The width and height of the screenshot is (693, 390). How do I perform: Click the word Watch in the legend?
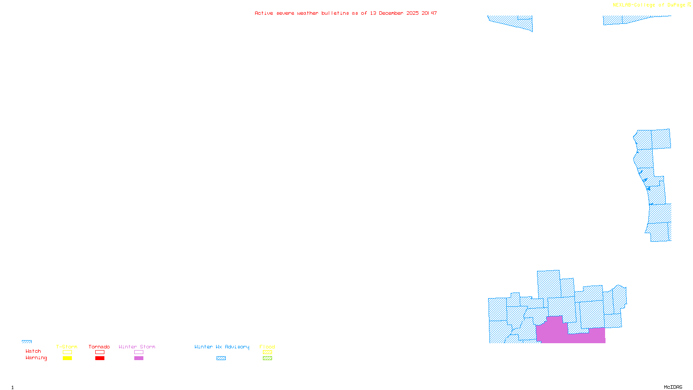(33, 351)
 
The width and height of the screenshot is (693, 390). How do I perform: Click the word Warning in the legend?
(36, 358)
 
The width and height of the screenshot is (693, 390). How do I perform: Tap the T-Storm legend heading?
(67, 347)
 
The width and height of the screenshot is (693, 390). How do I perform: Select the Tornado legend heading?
(99, 347)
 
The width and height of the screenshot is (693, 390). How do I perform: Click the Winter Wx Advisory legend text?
(222, 347)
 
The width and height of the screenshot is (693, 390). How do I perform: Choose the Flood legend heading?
(267, 347)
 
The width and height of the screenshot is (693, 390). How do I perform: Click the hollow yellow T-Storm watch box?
(67, 352)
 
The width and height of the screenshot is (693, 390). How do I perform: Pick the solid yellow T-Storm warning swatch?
(67, 358)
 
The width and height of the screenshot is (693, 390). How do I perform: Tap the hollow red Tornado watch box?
(100, 352)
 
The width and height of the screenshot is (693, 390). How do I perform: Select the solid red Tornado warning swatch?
(100, 358)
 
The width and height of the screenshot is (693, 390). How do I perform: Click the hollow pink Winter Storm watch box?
(139, 352)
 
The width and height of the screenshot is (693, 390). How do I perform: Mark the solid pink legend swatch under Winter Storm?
(139, 358)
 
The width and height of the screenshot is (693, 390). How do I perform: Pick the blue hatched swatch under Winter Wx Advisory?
(221, 358)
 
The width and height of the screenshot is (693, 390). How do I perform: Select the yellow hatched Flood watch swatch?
(268, 352)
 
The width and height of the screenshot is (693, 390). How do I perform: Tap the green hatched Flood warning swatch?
(268, 358)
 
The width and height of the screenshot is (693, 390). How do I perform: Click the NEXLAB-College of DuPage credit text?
(649, 5)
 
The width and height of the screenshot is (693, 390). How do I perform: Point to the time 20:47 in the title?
(429, 13)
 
